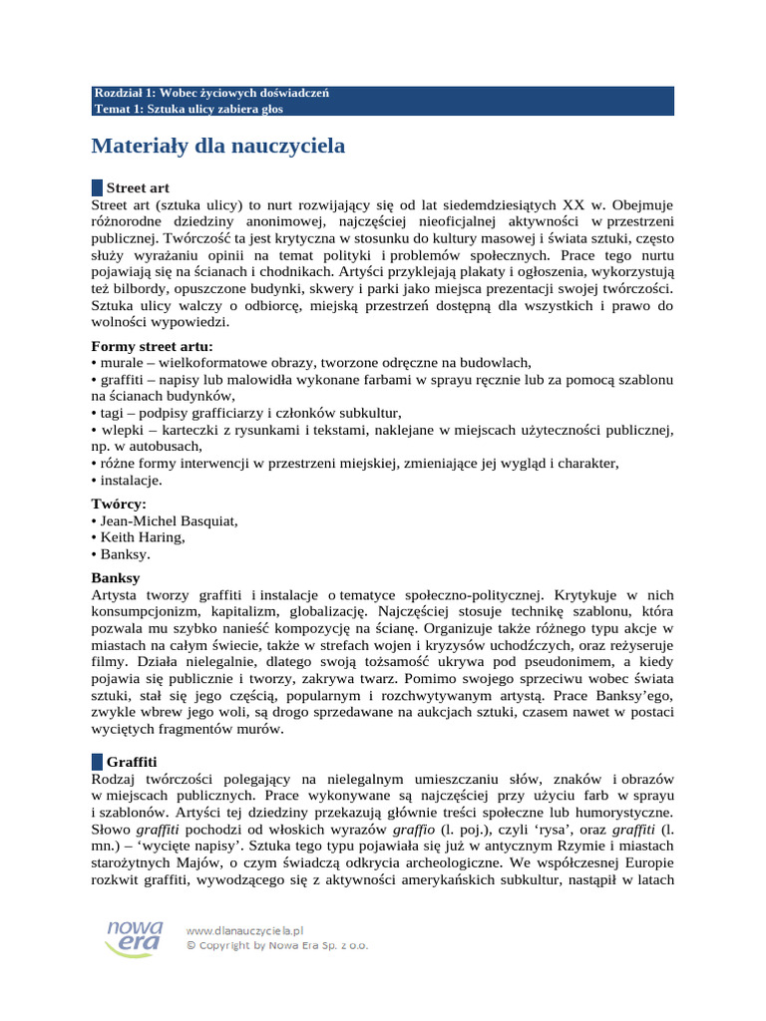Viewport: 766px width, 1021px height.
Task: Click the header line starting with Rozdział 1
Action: point(209,94)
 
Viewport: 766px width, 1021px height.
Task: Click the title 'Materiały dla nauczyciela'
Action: point(218,147)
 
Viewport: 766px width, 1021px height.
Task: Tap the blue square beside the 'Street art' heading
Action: point(97,187)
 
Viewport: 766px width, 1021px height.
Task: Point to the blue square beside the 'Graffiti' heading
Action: point(97,761)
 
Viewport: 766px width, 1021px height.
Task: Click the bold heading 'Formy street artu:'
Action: point(152,346)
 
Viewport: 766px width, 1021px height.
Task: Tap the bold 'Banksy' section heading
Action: point(116,577)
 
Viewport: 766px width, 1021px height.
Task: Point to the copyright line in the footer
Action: point(276,945)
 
